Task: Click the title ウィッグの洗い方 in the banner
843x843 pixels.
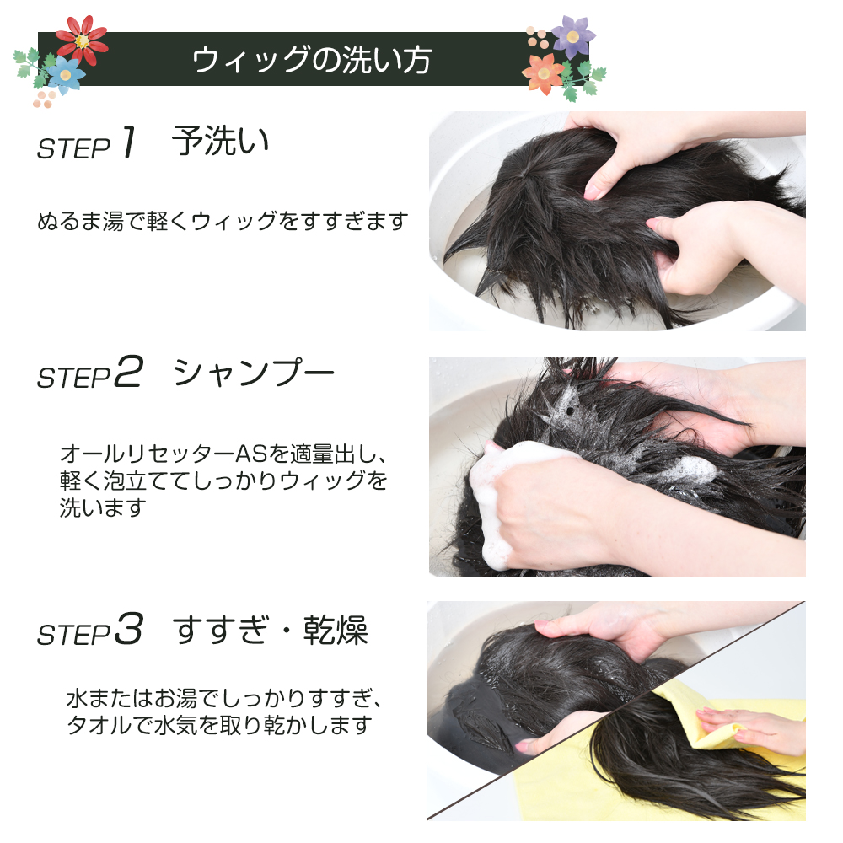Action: (312, 60)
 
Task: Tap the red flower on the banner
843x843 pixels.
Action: (82, 40)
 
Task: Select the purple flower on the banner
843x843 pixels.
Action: (573, 36)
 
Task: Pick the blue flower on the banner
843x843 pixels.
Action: (65, 74)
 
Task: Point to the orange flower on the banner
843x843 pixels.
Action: (543, 73)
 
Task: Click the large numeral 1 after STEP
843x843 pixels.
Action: (129, 142)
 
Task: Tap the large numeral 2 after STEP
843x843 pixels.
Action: (129, 372)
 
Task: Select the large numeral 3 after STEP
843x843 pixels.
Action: (129, 629)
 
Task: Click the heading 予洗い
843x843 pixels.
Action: (220, 141)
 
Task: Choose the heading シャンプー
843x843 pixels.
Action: (254, 372)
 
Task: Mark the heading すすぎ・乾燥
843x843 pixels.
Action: (271, 629)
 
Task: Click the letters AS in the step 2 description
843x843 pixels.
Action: (251, 454)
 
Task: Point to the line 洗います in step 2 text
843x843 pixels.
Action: (102, 507)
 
